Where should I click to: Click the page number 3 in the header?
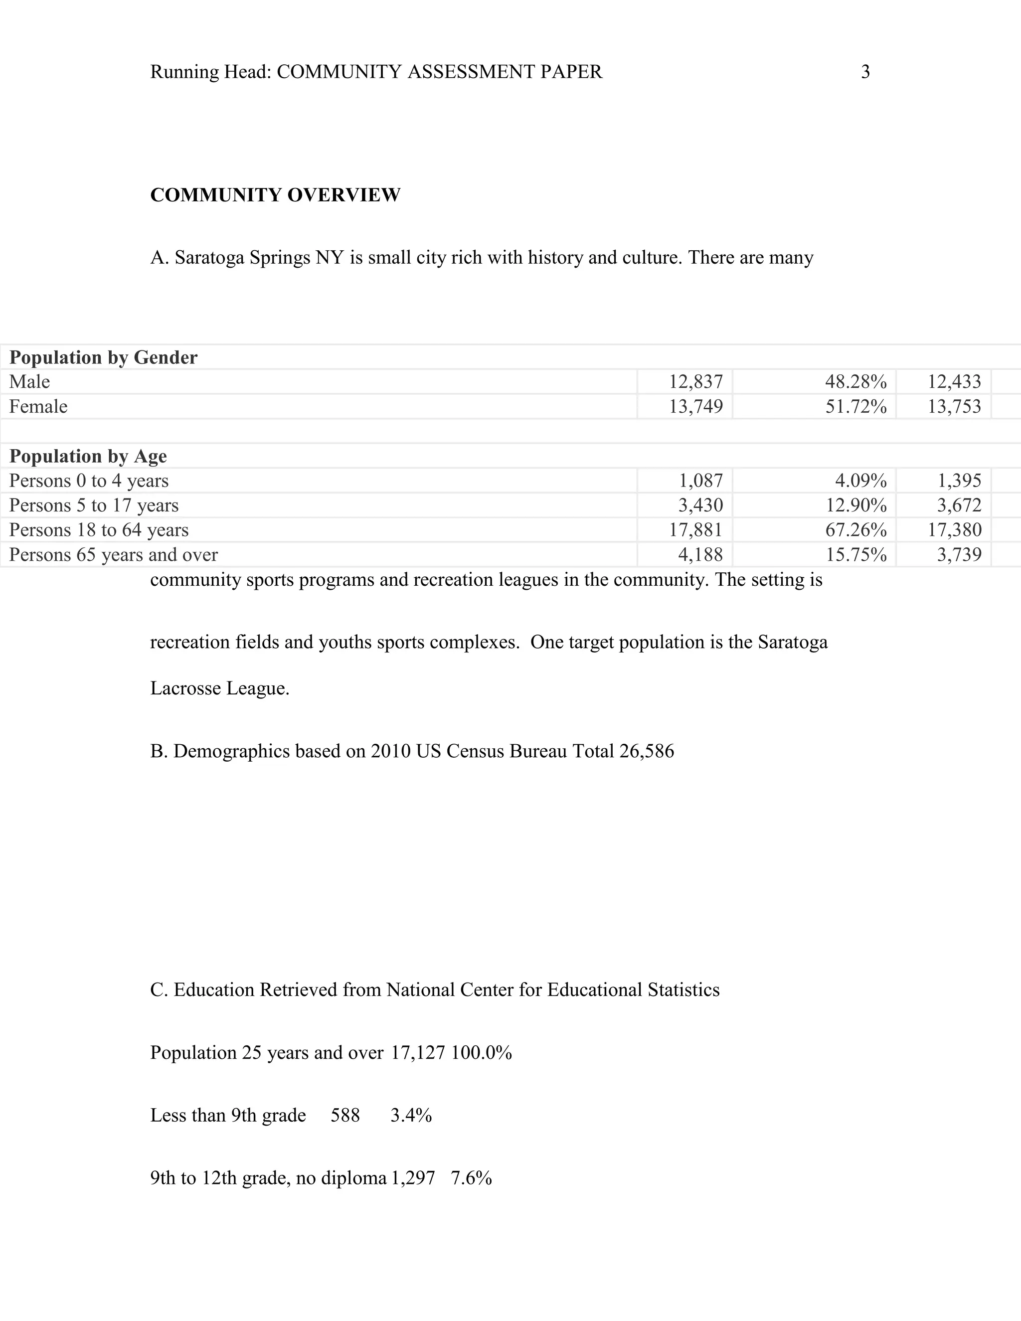pos(865,72)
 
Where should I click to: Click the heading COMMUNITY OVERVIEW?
pos(275,195)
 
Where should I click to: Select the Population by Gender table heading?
pos(103,357)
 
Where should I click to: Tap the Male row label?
pos(29,382)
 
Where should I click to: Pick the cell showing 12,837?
pos(695,382)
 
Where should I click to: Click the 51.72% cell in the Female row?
pos(856,406)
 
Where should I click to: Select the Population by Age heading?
pos(88,456)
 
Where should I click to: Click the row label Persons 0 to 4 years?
pos(89,481)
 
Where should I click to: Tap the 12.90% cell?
pos(856,505)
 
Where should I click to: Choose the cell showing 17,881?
pos(695,530)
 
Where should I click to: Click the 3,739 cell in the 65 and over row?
pos(959,555)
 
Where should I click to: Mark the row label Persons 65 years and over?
pos(114,555)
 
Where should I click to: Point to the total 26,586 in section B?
pos(647,751)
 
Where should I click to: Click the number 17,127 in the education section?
pos(418,1053)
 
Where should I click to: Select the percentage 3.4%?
pos(411,1115)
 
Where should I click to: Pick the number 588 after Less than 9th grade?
pos(345,1115)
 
